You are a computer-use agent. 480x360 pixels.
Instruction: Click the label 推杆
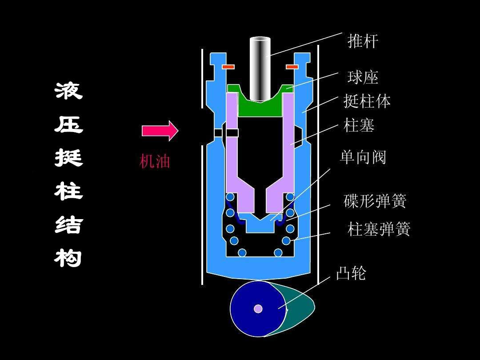363,41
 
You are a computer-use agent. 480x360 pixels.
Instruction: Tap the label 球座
363,78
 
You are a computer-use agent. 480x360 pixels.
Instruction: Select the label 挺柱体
367,101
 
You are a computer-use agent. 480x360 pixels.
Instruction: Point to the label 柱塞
359,125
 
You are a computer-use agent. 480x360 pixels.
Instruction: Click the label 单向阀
363,157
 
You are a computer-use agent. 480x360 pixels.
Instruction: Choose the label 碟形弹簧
375,201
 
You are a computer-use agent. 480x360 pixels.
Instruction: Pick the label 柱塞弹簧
379,229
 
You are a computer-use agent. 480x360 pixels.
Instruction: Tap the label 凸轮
351,273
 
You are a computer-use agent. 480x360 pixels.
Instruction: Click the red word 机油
155,161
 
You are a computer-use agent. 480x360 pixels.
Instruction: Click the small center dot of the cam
258,308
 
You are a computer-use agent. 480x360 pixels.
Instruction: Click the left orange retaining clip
228,67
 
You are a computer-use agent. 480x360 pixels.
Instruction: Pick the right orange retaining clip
292,67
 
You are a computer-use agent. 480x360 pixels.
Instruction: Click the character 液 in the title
69,91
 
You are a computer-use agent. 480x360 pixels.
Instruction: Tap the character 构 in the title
69,258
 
